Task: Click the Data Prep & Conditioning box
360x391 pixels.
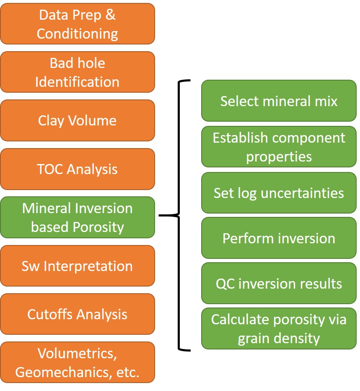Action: (78, 24)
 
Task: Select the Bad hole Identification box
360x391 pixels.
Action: (78, 72)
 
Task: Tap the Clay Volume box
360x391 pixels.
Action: (78, 120)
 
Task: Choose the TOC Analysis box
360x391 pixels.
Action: (78, 169)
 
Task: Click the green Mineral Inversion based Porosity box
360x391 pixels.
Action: (78, 217)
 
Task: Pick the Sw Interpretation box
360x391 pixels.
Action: (78, 266)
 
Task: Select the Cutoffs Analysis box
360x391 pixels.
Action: (78, 314)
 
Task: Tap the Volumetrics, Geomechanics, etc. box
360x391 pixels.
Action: (78, 362)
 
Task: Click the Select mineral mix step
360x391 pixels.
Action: (279, 101)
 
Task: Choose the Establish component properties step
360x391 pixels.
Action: (279, 147)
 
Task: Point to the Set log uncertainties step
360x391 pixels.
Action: (279, 193)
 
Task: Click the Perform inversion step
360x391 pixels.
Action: (279, 238)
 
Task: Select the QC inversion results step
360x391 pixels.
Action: (279, 283)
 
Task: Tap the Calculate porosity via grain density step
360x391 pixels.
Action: (279, 328)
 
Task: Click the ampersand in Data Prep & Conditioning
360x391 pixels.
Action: (110, 15)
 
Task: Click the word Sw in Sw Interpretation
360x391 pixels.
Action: (31, 266)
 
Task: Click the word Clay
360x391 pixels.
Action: (51, 121)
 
